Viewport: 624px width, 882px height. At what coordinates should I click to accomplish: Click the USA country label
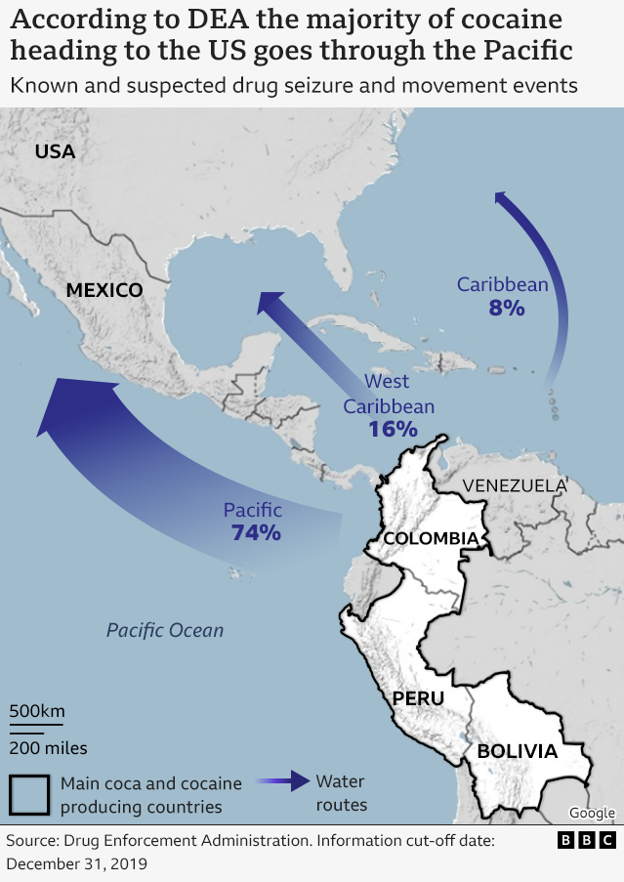(x=55, y=150)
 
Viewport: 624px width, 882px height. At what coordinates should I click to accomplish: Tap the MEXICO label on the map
(x=104, y=290)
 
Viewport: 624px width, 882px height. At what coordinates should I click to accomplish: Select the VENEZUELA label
(x=515, y=485)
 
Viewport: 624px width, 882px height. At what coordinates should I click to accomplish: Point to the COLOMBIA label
(x=431, y=538)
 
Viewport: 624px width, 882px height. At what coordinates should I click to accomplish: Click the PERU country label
(x=418, y=698)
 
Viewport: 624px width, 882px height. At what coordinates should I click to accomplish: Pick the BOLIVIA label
(x=517, y=751)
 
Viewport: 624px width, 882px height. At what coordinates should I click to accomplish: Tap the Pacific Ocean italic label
(x=165, y=630)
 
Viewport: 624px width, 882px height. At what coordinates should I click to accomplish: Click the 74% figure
(x=256, y=532)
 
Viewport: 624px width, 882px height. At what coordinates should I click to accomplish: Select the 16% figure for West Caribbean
(x=393, y=428)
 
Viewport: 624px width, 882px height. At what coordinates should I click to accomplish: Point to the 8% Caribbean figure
(x=507, y=308)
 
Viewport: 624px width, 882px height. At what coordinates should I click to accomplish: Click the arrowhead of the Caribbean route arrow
(x=504, y=200)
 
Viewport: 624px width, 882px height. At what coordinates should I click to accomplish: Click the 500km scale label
(x=37, y=710)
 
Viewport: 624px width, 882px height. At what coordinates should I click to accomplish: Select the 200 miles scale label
(x=49, y=748)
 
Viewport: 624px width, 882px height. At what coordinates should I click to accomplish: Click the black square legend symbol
(x=29, y=794)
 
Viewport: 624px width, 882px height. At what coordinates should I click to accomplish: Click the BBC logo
(x=587, y=840)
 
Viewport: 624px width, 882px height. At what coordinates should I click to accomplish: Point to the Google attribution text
(x=592, y=813)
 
